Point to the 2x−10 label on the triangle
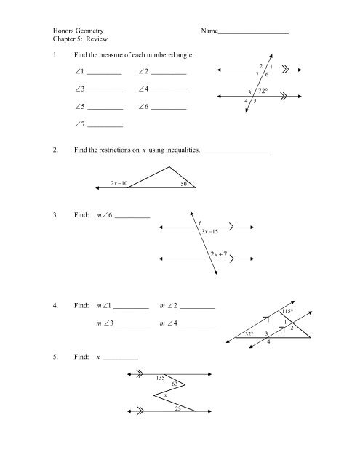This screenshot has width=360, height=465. click(x=116, y=184)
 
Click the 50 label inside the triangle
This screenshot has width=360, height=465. click(x=185, y=185)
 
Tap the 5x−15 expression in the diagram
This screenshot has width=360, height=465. click(x=210, y=230)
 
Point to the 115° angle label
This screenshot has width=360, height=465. click(x=287, y=311)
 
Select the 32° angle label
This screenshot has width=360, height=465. click(x=249, y=334)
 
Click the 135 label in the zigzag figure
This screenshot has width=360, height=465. click(x=161, y=378)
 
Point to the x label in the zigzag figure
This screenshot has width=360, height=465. click(x=166, y=395)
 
